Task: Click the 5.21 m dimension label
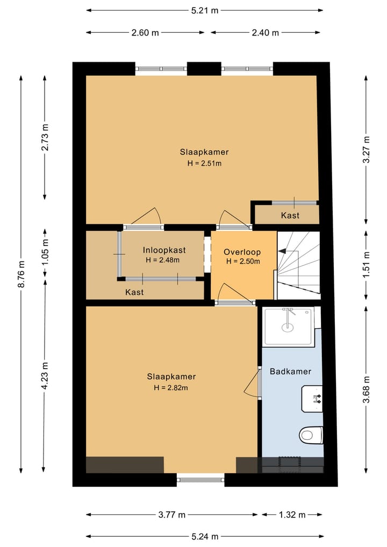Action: pos(205,10)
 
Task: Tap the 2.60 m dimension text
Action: pos(145,33)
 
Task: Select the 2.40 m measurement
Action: pos(266,33)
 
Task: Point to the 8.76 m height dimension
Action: pos(21,274)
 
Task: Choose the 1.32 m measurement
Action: pos(292,515)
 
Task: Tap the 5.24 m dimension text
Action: pos(205,537)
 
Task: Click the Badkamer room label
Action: pos(290,371)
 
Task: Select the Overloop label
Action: pos(242,252)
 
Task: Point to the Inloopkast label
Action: pos(164,250)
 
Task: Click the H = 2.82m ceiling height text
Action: pos(171,388)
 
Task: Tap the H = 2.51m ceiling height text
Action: pos(204,163)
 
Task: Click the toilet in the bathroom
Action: pos(311,435)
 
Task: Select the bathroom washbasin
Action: pos(312,399)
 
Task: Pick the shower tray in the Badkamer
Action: pos(288,326)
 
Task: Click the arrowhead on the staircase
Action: pos(281,251)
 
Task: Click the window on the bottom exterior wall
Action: pos(200,480)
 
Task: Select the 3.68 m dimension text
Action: pos(366,389)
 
